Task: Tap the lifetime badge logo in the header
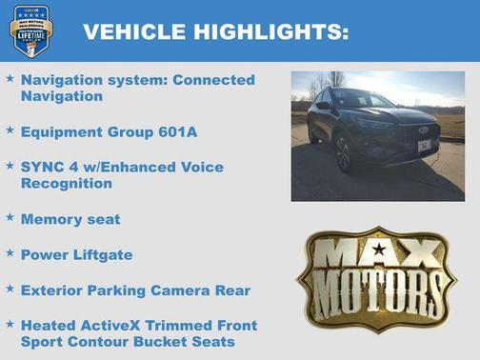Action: coord(30,30)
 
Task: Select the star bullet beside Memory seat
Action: coord(10,218)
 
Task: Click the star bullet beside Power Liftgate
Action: coord(10,253)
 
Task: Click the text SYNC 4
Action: coord(46,167)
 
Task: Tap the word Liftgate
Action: coord(100,254)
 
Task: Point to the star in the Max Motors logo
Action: coord(378,250)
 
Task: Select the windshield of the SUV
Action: coord(358,98)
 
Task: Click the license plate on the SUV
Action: coord(425,146)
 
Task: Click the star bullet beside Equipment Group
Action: coord(10,130)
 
